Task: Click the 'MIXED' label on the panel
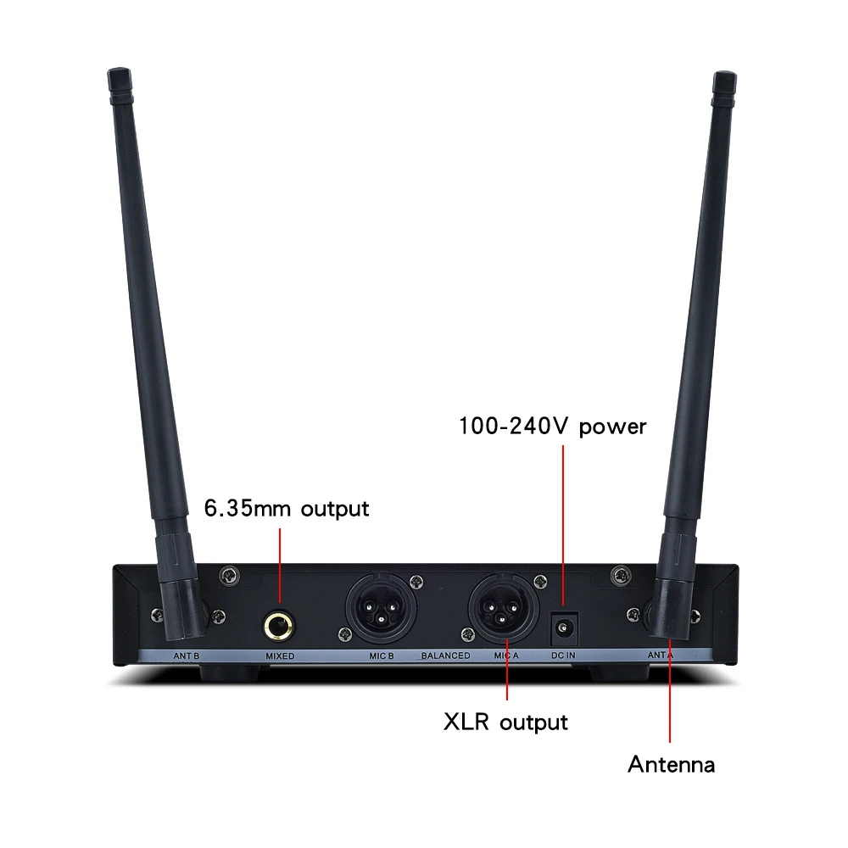coord(279,656)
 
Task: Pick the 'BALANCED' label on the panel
coord(445,656)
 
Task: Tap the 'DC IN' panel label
coord(564,656)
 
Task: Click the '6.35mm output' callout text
coord(287,509)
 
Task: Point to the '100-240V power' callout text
coord(552,426)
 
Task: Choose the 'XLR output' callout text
coord(505,722)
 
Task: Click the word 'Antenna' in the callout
coord(671,765)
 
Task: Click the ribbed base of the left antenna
coord(181,585)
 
